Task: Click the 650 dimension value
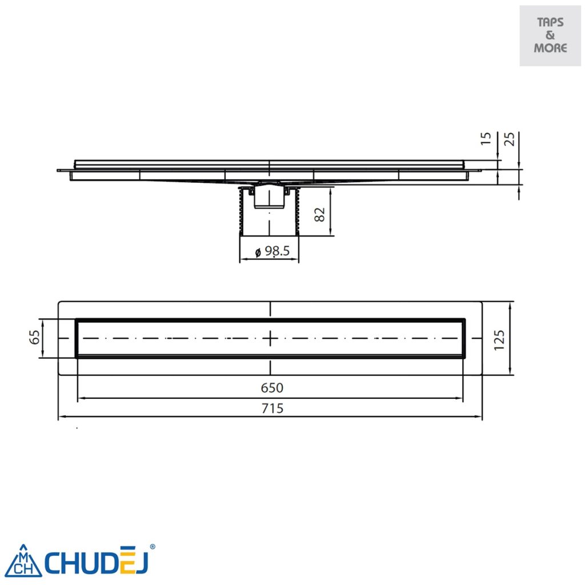[272, 388]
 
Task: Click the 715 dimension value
[272, 408]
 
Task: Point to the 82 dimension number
[320, 214]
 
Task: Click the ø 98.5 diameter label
[269, 251]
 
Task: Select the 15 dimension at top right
[486, 138]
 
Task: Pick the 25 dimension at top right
[510, 138]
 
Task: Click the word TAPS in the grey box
[550, 23]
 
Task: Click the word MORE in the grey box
[550, 48]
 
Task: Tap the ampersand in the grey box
[550, 35]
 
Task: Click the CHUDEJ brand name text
[97, 562]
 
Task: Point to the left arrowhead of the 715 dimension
[61, 416]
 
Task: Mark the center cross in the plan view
[270, 338]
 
